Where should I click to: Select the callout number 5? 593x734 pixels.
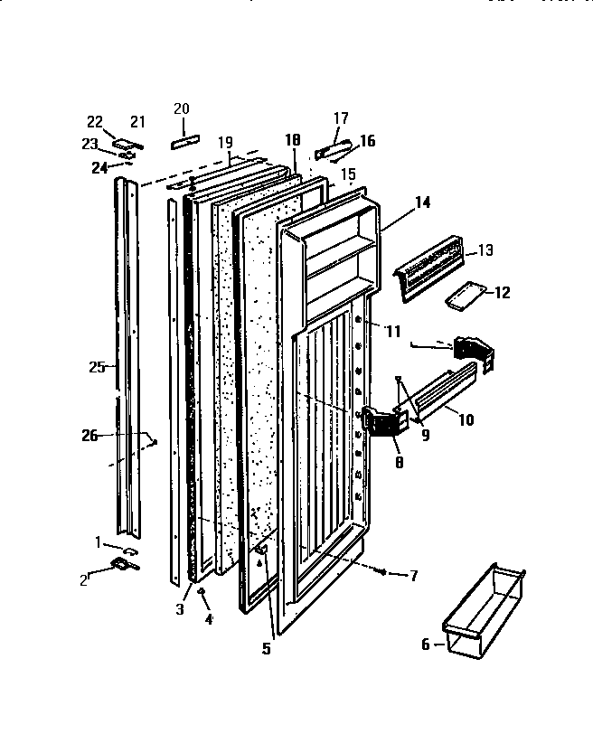[266, 647]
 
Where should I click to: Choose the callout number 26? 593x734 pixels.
[88, 437]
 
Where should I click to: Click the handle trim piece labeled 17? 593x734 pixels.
[331, 147]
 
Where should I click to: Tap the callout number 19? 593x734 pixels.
[225, 142]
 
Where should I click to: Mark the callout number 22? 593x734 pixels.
[94, 122]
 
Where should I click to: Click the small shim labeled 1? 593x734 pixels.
[129, 549]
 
